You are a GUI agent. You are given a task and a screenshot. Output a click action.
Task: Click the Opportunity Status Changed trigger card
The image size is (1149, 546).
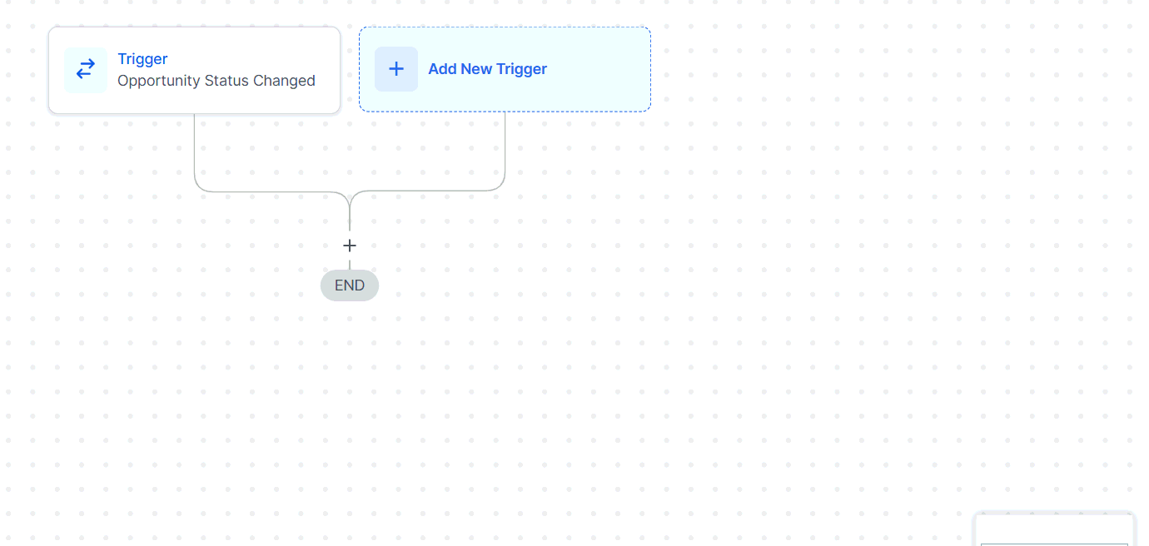tap(194, 70)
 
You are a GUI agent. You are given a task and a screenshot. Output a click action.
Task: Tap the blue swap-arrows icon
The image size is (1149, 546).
tap(86, 69)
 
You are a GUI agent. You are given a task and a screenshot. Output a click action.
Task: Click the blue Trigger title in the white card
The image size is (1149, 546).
tap(142, 59)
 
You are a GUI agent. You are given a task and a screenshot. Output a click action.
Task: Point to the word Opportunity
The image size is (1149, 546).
tap(158, 81)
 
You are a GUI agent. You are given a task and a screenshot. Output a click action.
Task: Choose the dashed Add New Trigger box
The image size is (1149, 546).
tap(505, 69)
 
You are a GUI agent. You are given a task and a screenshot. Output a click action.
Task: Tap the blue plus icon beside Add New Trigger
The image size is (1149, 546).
tap(396, 69)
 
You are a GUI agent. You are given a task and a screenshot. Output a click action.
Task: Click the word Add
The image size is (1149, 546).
tap(442, 69)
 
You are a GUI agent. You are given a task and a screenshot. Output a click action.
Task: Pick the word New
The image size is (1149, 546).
tap(476, 69)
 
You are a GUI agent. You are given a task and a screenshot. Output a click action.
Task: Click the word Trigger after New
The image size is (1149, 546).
tap(521, 69)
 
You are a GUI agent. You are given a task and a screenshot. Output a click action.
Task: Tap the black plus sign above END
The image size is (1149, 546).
tap(350, 246)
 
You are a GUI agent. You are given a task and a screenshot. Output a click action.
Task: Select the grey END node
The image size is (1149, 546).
tap(350, 285)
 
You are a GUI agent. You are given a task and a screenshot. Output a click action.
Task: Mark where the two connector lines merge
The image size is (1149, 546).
tap(350, 197)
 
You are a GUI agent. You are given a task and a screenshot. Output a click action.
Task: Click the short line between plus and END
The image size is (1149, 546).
tap(350, 265)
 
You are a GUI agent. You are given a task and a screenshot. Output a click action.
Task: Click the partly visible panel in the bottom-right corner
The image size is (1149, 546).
tap(1054, 529)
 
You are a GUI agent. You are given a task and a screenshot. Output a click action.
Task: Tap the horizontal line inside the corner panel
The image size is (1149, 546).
tap(1054, 544)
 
